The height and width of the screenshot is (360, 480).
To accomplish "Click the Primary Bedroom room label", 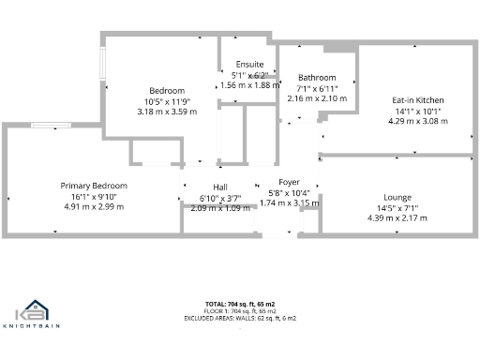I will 94,186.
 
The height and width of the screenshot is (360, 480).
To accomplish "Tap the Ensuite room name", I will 249,64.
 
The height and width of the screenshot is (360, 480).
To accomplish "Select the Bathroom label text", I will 317,77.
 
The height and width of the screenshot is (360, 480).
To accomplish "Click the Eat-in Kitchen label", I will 417,99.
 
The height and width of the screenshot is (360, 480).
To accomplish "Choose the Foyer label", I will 289,182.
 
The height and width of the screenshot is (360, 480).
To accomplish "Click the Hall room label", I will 194,187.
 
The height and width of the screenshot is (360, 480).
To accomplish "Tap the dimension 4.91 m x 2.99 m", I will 94,206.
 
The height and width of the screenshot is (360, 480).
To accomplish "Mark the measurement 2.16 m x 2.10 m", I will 317,97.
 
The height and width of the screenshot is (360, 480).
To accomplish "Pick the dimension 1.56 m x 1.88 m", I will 249,84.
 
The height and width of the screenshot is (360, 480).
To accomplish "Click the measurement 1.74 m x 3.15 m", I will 290,202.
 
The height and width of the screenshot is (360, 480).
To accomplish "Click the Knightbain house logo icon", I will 34,310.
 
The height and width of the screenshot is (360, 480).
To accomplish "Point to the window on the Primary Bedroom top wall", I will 46,125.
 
